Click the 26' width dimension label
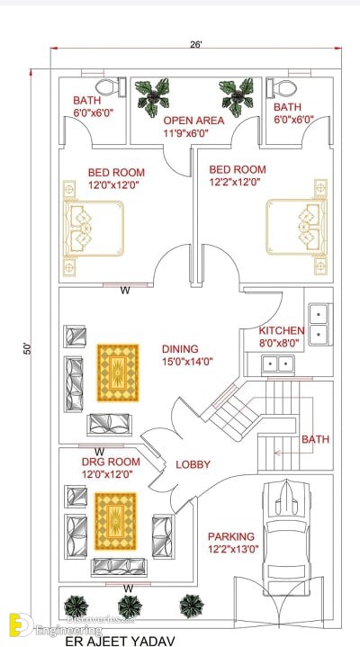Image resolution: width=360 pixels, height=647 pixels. tap(195, 44)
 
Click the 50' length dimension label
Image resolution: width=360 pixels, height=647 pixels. tap(27, 349)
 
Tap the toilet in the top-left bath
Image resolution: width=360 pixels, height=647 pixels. tap(110, 87)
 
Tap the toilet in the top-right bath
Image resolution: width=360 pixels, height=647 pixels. tap(282, 87)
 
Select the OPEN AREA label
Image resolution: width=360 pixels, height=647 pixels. tap(193, 121)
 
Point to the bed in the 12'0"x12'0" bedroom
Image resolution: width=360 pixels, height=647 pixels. tap(94, 229)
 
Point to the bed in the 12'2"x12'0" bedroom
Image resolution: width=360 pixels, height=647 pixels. tap(296, 227)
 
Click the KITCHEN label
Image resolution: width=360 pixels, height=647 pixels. tap(282, 330)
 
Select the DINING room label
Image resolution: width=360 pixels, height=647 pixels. tap(180, 349)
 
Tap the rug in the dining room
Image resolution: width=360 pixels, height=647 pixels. tap(118, 373)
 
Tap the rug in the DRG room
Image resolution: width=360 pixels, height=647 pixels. tap(115, 521)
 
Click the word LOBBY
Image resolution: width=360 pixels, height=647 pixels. tap(193, 464)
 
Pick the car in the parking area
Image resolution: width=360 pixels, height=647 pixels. tap(286, 537)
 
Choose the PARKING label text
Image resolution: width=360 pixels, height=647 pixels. tap(231, 536)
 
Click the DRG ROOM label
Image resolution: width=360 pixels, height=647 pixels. tap(111, 463)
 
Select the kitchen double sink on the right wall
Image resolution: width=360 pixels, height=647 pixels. tap(320, 324)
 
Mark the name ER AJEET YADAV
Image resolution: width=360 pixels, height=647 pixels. tap(120, 641)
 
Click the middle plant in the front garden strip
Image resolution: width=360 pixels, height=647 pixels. tap(130, 607)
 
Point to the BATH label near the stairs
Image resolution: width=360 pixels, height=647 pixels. tap(315, 439)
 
